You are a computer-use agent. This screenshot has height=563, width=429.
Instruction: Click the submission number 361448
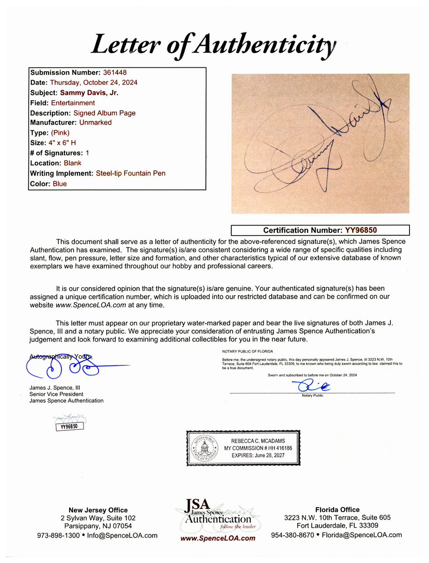pyautogui.click(x=115, y=73)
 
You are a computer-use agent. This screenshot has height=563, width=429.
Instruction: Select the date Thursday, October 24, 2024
pyautogui.click(x=94, y=83)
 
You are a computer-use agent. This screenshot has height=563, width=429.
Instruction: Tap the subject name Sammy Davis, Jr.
pyautogui.click(x=89, y=93)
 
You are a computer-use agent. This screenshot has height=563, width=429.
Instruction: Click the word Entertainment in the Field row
pyautogui.click(x=73, y=103)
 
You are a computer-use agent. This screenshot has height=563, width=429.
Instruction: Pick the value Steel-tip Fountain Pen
pyautogui.click(x=131, y=173)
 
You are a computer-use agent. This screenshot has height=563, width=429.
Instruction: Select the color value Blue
pyautogui.click(x=60, y=184)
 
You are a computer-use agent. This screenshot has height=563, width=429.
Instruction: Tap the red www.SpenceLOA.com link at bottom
pyautogui.click(x=218, y=538)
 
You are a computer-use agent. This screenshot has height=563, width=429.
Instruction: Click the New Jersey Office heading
pyautogui.click(x=98, y=510)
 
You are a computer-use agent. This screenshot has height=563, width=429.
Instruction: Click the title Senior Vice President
pyautogui.click(x=56, y=394)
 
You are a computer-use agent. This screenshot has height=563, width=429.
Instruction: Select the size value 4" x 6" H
pyautogui.click(x=64, y=143)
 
